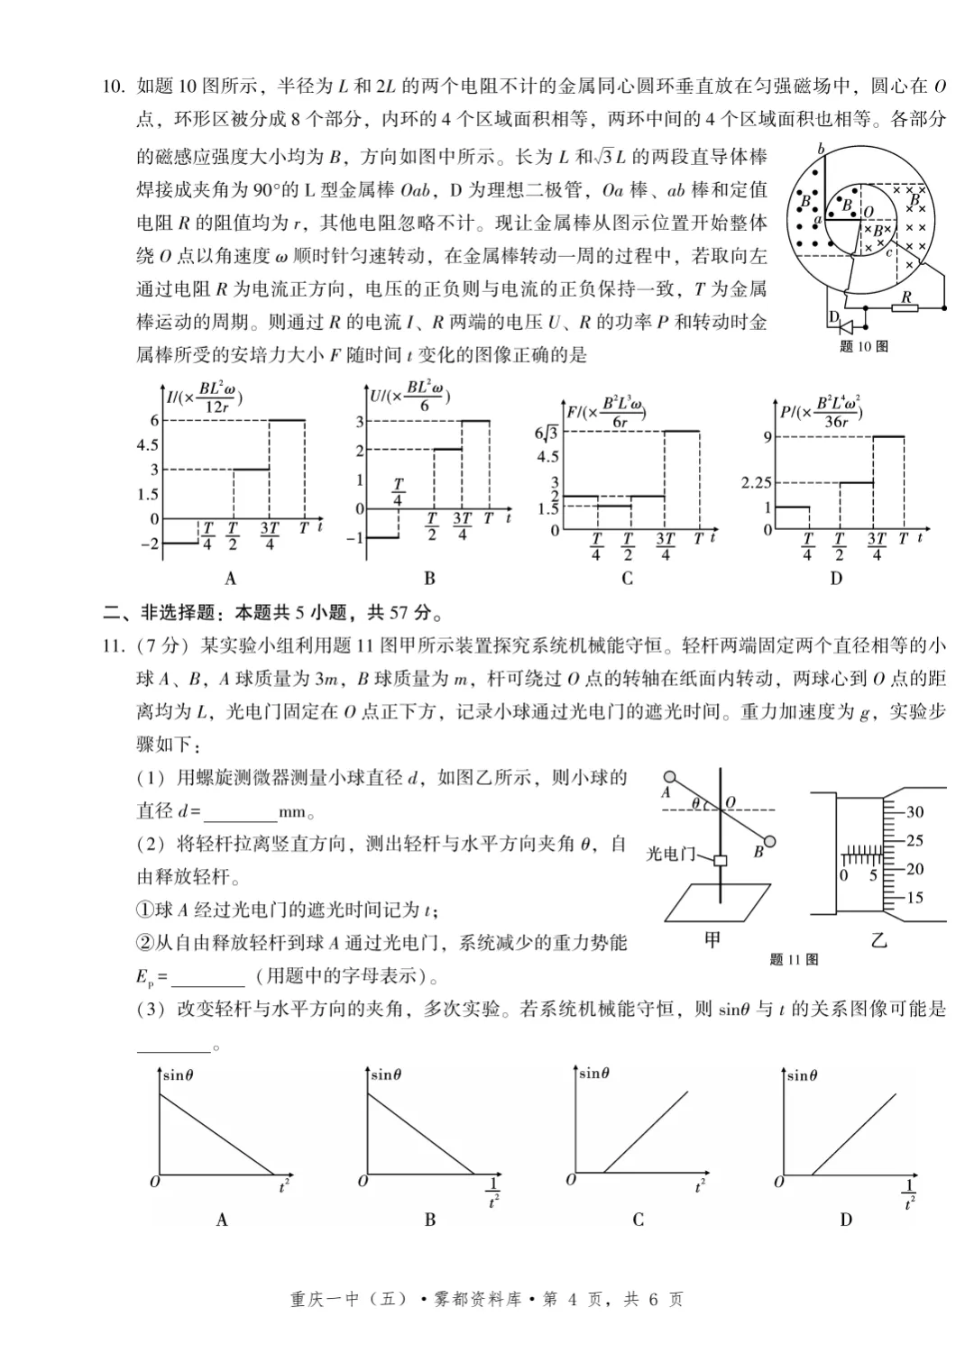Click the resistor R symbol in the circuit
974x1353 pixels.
coord(905,307)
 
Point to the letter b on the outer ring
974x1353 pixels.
coord(820,149)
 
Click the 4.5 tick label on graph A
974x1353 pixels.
coord(147,445)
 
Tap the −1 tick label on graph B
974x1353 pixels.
coord(355,538)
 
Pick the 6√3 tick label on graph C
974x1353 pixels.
coord(546,433)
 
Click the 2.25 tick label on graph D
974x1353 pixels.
coord(756,483)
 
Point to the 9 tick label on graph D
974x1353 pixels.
coord(767,437)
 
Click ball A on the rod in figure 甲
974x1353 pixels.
coord(668,776)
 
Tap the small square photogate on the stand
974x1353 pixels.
coord(720,861)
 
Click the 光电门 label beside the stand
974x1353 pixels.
coord(670,854)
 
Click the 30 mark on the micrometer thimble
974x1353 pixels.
coord(914,812)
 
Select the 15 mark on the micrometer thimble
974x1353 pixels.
coord(914,898)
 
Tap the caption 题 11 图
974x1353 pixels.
coord(794,960)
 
